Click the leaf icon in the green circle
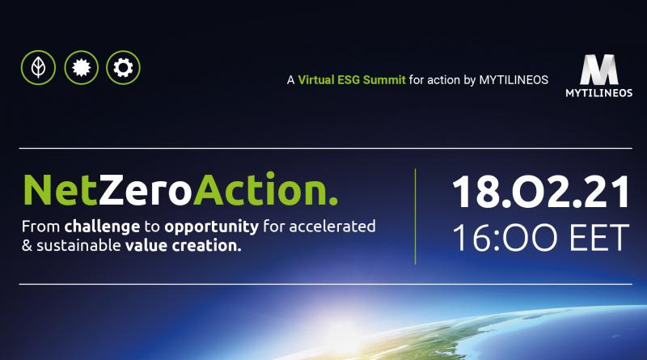[x=38, y=67]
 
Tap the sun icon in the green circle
[x=82, y=67]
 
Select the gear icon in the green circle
[x=123, y=67]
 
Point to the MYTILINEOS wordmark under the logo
[x=599, y=93]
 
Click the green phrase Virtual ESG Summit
[x=352, y=79]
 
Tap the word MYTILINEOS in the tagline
[x=514, y=79]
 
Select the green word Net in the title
[x=60, y=190]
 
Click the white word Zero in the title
[x=146, y=190]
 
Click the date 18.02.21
[x=540, y=192]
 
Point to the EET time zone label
[x=599, y=237]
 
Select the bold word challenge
[x=102, y=227]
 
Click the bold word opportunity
[x=211, y=227]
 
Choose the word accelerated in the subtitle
[x=332, y=227]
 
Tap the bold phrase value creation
[x=184, y=246]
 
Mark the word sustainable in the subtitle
[x=78, y=246]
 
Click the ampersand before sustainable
[x=27, y=246]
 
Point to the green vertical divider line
[x=415, y=216]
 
